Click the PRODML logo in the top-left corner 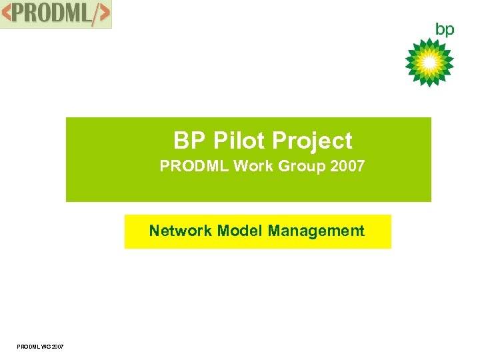[56, 14]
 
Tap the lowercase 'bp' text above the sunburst [445, 29]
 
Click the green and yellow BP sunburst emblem [429, 63]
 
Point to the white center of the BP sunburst [429, 63]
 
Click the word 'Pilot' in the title [233, 141]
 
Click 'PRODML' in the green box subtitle [195, 166]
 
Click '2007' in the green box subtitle [347, 166]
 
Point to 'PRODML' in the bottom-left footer [29, 345]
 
